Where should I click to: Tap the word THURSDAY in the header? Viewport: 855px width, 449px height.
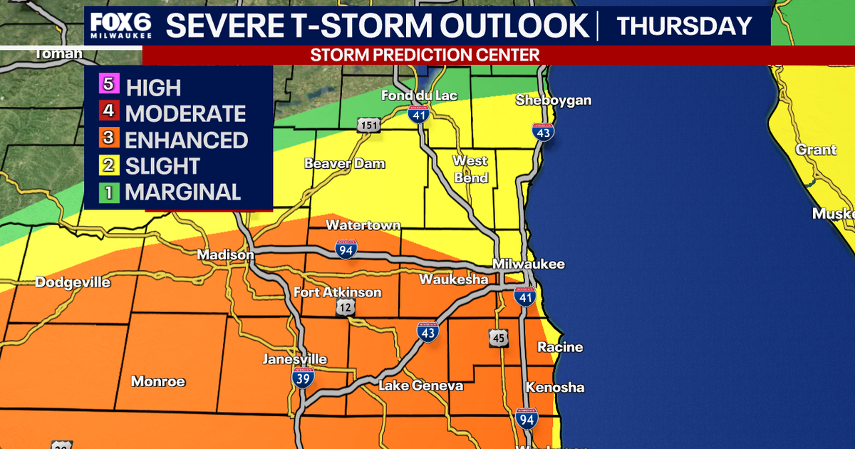click(683, 26)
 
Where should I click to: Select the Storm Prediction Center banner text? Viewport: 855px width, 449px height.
click(425, 55)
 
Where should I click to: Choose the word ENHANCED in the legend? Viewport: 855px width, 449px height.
click(187, 140)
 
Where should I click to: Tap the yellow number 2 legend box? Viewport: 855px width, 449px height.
click(109, 165)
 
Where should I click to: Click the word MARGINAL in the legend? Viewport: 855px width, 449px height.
click(183, 192)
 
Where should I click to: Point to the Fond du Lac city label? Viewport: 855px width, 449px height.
click(419, 96)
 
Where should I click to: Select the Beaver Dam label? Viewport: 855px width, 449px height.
click(345, 164)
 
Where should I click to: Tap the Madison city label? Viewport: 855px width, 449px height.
click(225, 255)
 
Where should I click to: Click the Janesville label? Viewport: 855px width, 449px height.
click(295, 358)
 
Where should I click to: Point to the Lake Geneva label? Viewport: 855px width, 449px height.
click(420, 386)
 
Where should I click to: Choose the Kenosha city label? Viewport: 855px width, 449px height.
click(555, 388)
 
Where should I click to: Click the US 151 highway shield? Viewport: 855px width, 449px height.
click(368, 124)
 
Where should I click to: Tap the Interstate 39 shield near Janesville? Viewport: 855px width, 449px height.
click(302, 378)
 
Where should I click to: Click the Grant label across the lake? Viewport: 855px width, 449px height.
click(817, 150)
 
